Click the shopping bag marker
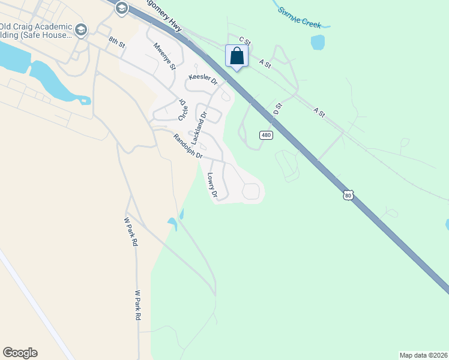(237, 56)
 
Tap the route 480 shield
(267, 135)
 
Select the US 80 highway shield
(348, 195)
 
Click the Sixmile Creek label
(300, 18)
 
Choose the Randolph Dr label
(187, 146)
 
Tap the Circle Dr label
(183, 110)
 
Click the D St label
(277, 108)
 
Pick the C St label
(244, 41)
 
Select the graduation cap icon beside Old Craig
(81, 29)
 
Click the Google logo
(20, 353)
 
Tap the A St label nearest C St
(265, 62)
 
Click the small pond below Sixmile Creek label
(318, 42)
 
